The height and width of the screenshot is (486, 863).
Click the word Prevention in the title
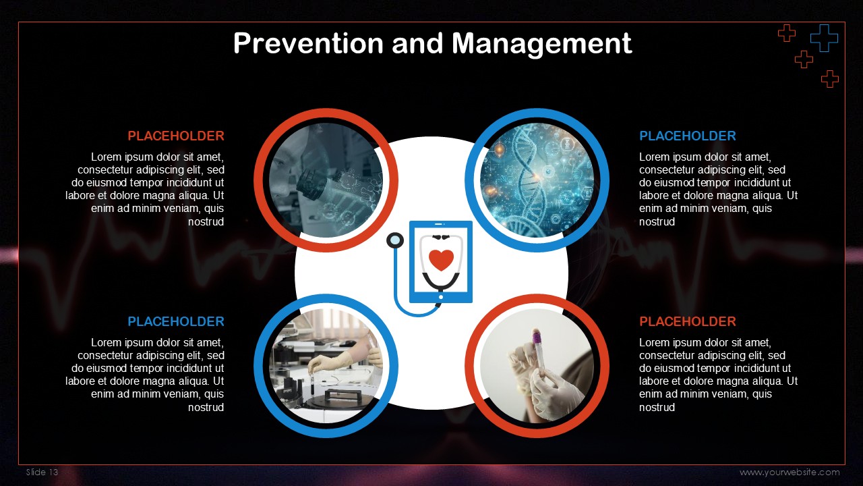[x=308, y=43]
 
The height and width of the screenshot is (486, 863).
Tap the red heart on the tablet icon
[x=441, y=260]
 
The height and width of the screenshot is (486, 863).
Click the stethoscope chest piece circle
[x=395, y=240]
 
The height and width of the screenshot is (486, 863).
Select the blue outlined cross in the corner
[x=824, y=38]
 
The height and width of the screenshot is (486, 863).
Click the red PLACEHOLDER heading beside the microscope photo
[x=176, y=136]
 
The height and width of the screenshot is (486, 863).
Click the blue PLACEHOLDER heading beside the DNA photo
[x=687, y=136]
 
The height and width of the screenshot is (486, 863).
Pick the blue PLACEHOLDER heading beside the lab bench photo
[x=176, y=321]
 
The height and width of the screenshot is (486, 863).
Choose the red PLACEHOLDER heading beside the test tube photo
[x=687, y=321]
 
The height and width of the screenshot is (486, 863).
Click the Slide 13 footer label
[x=42, y=472]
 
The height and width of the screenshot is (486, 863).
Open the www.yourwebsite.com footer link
[x=790, y=473]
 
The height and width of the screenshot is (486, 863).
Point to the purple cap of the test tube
[x=536, y=336]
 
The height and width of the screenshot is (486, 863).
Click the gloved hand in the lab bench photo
[x=330, y=362]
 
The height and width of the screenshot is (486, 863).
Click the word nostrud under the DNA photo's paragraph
[x=657, y=222]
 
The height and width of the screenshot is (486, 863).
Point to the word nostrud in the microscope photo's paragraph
[x=206, y=222]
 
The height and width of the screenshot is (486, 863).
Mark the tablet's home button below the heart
[x=441, y=297]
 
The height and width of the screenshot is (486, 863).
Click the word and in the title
[x=417, y=43]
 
